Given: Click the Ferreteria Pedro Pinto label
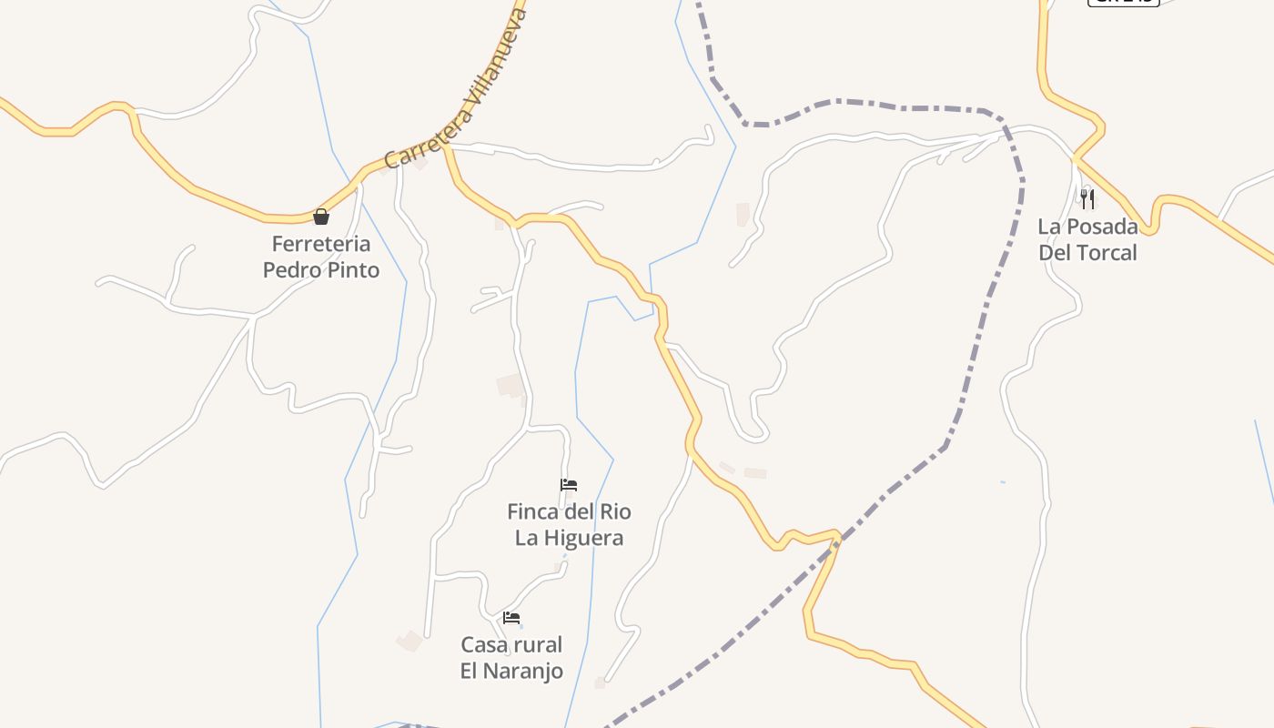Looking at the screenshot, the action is coord(321,257).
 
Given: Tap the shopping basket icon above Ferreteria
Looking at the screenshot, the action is coord(321,217).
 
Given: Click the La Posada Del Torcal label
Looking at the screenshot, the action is coord(1087,239).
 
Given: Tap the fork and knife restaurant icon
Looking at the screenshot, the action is coord(1087,198).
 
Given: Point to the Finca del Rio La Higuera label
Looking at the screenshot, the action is coord(569,524).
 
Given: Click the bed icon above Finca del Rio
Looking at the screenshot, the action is coord(569,485).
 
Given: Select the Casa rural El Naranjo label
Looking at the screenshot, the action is coord(511,658).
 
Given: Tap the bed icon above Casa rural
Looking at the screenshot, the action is coord(511,618).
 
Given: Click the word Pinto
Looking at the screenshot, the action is coord(351,270).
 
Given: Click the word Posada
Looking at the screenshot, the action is coord(1100,227).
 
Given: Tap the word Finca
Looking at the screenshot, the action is coord(531,511).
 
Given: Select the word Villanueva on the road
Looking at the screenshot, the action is coord(492,68).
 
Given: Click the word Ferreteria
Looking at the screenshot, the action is coord(321,244).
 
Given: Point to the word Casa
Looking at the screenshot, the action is coord(483,645).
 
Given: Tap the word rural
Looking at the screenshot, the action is coord(539,645).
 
